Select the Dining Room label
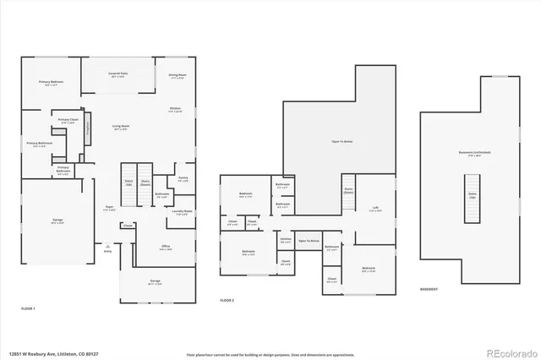(177, 75)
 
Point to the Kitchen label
(175, 109)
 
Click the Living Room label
(121, 127)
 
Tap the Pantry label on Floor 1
(183, 178)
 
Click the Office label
(166, 247)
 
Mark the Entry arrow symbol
(107, 244)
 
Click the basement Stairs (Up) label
(473, 194)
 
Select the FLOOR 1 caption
(28, 309)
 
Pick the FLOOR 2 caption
(227, 300)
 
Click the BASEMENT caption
(429, 288)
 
